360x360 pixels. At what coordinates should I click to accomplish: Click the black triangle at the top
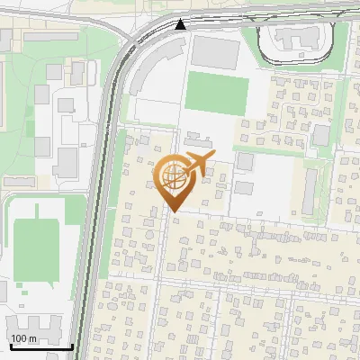pyautogui.click(x=182, y=24)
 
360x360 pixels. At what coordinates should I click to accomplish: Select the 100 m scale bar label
pyautogui.click(x=23, y=338)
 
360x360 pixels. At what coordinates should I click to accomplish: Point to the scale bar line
pyautogui.click(x=40, y=346)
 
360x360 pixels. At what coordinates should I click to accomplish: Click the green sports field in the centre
pyautogui.click(x=217, y=92)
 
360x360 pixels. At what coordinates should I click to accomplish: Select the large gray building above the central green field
pyautogui.click(x=212, y=50)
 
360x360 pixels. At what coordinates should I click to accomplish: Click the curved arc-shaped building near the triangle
pyautogui.click(x=144, y=72)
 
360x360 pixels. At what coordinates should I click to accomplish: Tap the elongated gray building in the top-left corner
pyautogui.click(x=50, y=37)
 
